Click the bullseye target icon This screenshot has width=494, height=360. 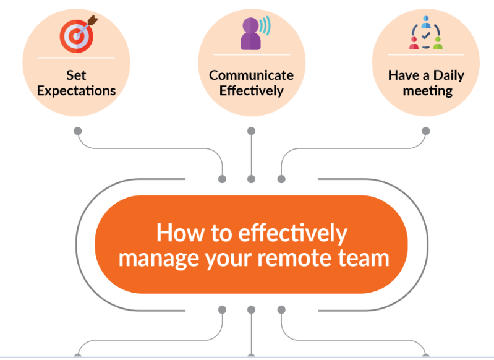(x=75, y=36)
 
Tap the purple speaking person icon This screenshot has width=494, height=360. (x=250, y=34)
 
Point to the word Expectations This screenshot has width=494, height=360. (x=76, y=91)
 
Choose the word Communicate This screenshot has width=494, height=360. (x=251, y=75)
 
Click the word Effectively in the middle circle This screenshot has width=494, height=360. (x=251, y=91)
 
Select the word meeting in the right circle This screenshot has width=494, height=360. (x=427, y=91)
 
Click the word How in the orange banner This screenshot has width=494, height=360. (x=178, y=233)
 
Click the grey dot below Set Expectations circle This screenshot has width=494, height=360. (x=77, y=131)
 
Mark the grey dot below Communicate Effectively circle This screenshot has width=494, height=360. (x=251, y=131)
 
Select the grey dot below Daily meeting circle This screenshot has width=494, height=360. (x=426, y=131)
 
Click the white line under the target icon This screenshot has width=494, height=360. (x=76, y=58)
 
